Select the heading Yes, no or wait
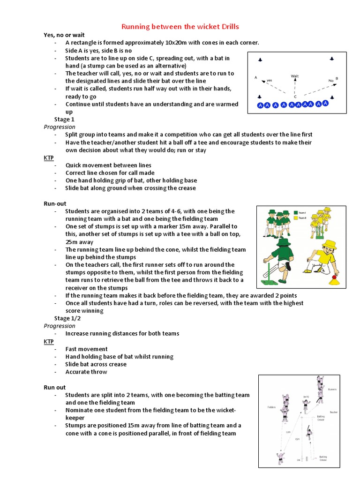[62, 35]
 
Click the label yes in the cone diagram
[270, 81]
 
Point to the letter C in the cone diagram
[295, 97]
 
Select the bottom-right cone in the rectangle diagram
[332, 97]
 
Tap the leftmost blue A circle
[261, 106]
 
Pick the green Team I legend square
[295, 212]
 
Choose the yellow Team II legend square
[295, 218]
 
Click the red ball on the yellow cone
[335, 277]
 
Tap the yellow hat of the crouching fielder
[330, 245]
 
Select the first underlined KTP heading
[49, 157]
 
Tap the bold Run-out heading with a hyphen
[55, 203]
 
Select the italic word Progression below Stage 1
[60, 127]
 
